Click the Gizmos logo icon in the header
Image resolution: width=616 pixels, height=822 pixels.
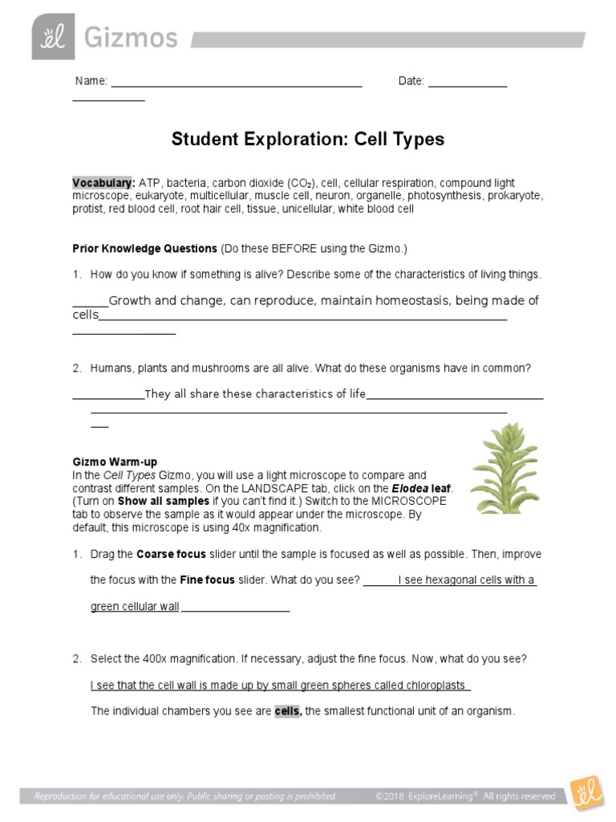(52, 37)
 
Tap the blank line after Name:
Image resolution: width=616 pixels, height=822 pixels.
(236, 82)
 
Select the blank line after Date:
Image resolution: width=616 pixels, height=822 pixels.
(467, 82)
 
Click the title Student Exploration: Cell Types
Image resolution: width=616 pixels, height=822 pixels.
(307, 139)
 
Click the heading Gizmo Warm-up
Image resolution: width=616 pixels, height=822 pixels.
(115, 462)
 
